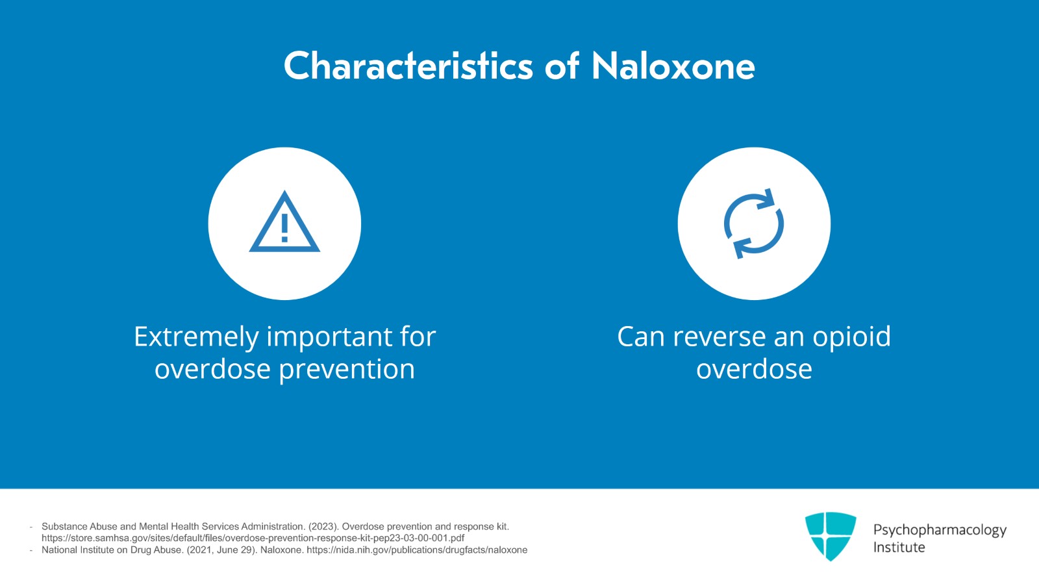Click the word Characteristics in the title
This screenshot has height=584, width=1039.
click(x=408, y=66)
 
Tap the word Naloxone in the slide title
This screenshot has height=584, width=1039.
click(x=673, y=66)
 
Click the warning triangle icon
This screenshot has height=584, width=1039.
click(x=284, y=223)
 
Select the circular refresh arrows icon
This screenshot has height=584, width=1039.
click(x=754, y=223)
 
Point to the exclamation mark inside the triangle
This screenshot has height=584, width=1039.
click(x=284, y=227)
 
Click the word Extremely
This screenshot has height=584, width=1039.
click(x=196, y=337)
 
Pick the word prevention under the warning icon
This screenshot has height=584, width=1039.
click(x=347, y=370)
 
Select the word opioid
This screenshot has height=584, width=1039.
click(x=851, y=337)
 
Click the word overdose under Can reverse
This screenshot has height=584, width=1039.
click(x=754, y=370)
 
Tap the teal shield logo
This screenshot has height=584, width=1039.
click(x=830, y=536)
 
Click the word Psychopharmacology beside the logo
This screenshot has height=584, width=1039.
click(x=940, y=530)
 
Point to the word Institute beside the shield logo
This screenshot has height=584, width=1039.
click(x=899, y=548)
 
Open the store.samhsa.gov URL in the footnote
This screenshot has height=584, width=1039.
click(x=253, y=538)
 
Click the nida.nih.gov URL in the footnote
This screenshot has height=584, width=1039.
click(x=417, y=550)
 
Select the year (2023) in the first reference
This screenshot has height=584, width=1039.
click(x=322, y=526)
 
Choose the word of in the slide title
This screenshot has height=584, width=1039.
click(x=562, y=66)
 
